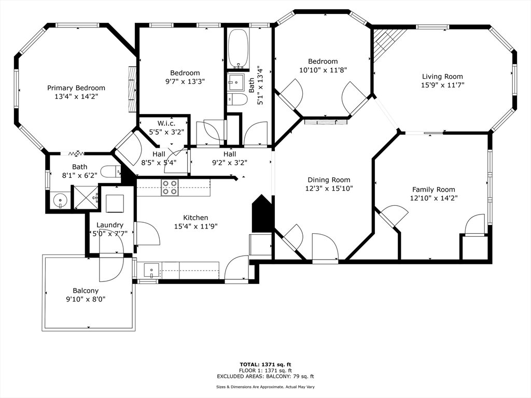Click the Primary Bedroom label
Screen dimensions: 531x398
[76, 88]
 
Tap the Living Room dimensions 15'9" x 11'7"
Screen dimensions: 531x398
[442, 86]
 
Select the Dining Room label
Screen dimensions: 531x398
[329, 180]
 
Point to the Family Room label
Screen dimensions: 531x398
[434, 190]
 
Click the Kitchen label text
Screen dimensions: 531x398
[195, 218]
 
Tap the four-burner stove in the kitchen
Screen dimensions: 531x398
[170, 187]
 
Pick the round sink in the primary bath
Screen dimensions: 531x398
[60, 201]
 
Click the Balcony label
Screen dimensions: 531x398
[86, 291]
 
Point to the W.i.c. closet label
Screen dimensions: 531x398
[166, 123]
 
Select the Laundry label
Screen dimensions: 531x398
[110, 225]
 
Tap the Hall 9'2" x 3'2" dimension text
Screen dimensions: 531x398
[230, 163]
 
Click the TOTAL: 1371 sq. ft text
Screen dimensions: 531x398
[265, 364]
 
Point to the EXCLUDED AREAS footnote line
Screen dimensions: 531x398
[265, 376]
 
